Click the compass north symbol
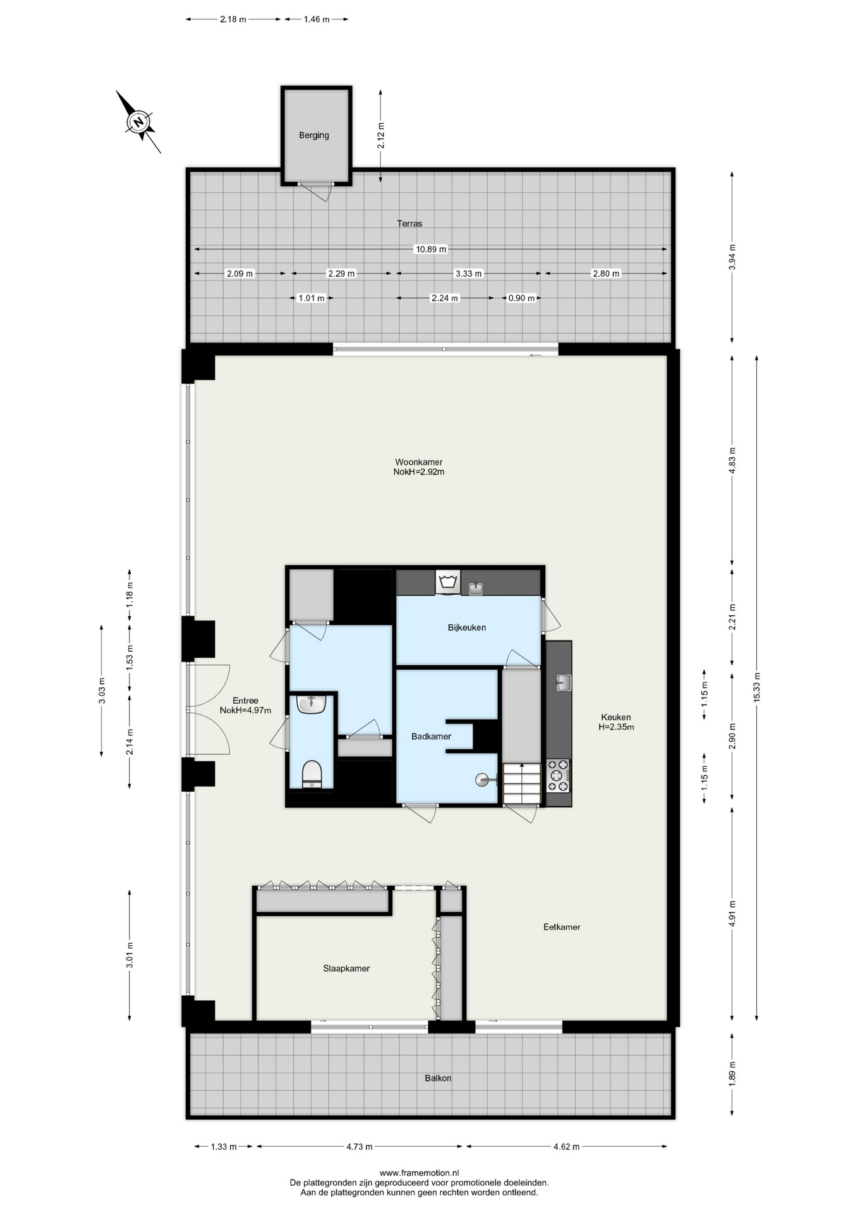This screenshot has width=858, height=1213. click(x=138, y=121)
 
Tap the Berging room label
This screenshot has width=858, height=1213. click(x=314, y=135)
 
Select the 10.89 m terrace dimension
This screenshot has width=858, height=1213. click(x=431, y=249)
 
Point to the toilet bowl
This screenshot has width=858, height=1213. click(x=312, y=775)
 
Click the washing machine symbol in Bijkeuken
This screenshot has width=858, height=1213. click(x=448, y=582)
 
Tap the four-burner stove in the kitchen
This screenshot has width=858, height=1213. click(x=559, y=776)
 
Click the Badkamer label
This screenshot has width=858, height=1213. click(x=431, y=737)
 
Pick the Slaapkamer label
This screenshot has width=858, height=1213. click(x=346, y=969)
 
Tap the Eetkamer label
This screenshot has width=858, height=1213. click(x=562, y=927)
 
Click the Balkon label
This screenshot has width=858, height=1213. click(x=438, y=1078)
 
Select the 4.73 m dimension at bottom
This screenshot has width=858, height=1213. click(x=360, y=1147)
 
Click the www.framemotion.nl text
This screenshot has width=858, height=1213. click(x=419, y=1173)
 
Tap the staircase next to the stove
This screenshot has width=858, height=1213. click(x=523, y=783)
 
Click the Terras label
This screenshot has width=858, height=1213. click(x=409, y=224)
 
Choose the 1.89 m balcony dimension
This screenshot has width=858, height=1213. click(x=732, y=1074)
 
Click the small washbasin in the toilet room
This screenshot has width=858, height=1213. click(x=311, y=704)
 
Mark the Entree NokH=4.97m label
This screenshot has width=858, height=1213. click(x=245, y=706)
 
